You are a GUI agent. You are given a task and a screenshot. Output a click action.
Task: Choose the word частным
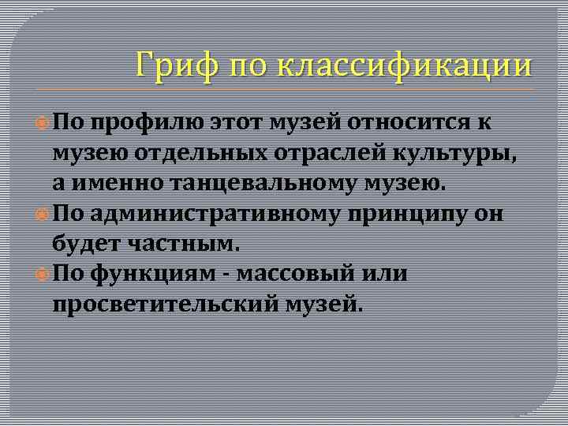[x=190, y=245]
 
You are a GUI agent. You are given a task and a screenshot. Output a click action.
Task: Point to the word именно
[x=106, y=185]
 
